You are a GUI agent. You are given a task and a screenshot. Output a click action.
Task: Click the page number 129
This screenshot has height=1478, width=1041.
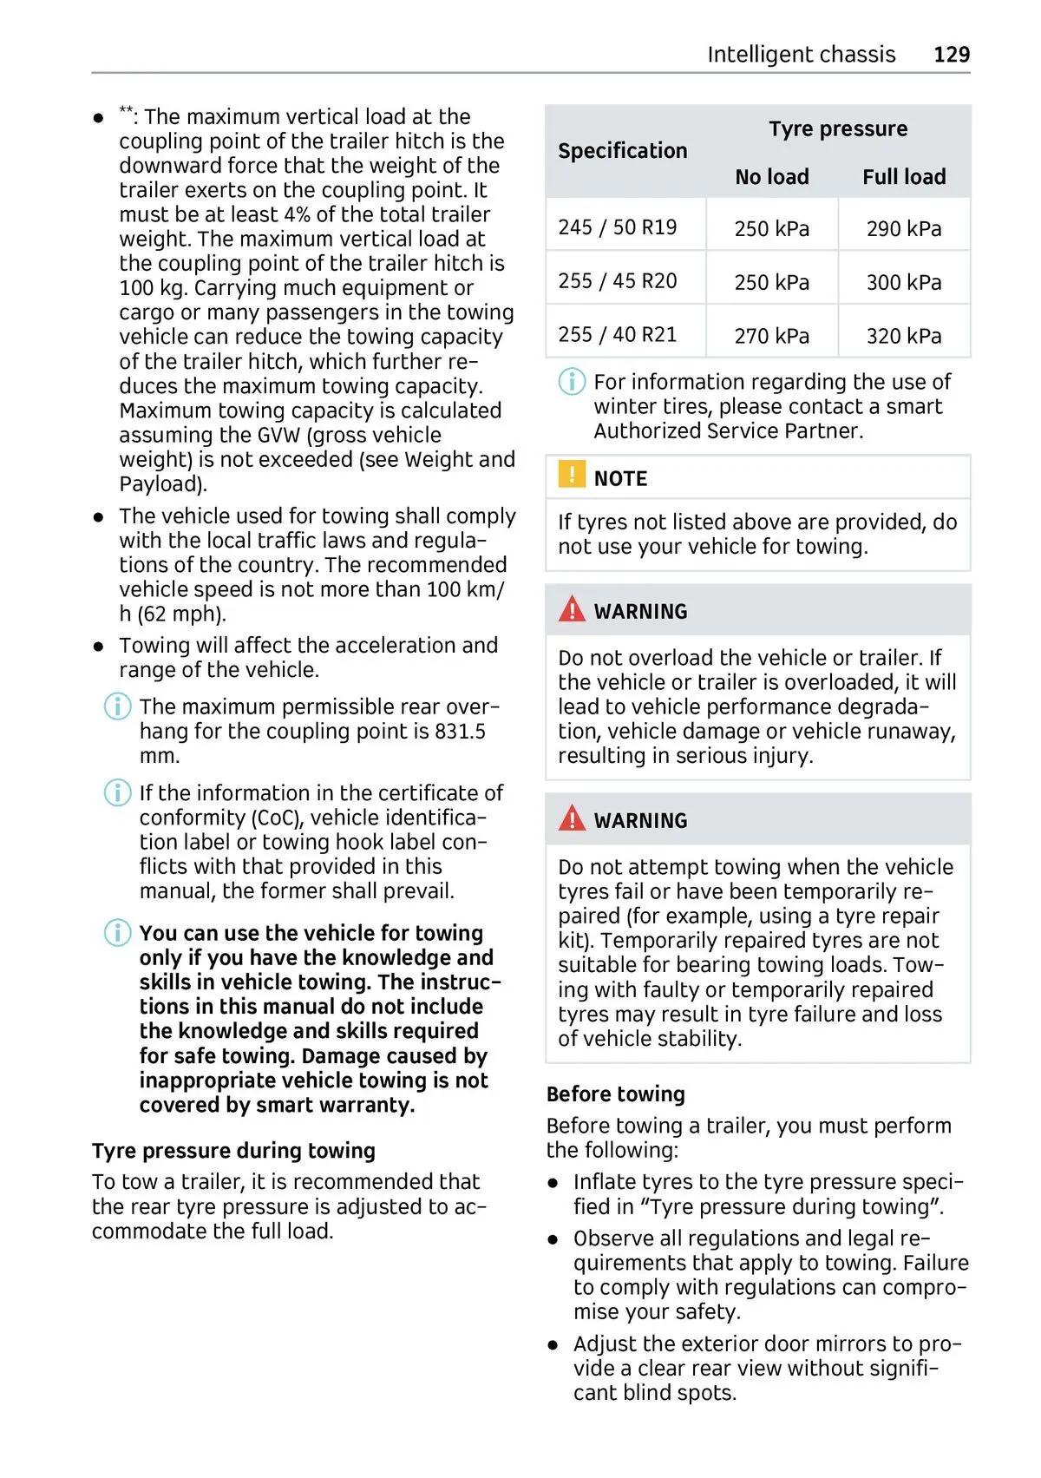coord(951,55)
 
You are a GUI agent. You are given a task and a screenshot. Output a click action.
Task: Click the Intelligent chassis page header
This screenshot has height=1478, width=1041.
coord(801,55)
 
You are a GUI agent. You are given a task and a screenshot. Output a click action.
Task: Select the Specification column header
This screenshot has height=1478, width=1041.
coord(622,151)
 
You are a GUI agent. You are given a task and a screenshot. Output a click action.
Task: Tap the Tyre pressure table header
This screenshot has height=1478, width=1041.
coord(837,129)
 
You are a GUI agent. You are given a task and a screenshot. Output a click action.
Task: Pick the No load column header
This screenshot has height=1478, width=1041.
coord(771,177)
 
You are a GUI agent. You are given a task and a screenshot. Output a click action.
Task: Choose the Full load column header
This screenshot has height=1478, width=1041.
coord(903,177)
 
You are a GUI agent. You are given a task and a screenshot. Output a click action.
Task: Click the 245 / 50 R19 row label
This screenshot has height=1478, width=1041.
coord(617,227)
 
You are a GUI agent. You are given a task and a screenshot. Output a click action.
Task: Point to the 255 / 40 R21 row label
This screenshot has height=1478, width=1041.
coord(617,335)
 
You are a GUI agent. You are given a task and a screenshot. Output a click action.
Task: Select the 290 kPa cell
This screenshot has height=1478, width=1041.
coord(903,229)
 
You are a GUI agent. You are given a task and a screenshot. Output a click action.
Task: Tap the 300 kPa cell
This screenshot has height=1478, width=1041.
coord(903,283)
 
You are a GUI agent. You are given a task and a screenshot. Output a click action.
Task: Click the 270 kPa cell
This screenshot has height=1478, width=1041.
coord(771,336)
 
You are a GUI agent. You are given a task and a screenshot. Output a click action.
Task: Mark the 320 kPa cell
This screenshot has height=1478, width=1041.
coord(903,336)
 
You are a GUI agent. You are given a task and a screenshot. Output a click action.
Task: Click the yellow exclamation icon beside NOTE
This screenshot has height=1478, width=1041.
coord(572,476)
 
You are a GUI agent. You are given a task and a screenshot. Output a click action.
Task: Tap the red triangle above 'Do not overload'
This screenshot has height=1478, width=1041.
coord(572,610)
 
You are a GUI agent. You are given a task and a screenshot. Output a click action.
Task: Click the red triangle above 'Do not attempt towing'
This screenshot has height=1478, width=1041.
coord(572,818)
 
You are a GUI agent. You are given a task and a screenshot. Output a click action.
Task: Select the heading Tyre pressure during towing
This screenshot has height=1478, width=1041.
coord(233,1151)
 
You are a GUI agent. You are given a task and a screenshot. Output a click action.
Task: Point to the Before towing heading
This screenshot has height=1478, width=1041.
coord(615,1094)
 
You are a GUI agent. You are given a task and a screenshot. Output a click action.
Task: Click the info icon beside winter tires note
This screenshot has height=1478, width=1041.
coord(572,382)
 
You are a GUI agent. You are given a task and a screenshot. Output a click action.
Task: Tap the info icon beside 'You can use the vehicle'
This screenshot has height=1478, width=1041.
coord(117,933)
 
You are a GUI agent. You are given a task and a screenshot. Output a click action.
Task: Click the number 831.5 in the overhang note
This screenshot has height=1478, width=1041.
coord(460,732)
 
